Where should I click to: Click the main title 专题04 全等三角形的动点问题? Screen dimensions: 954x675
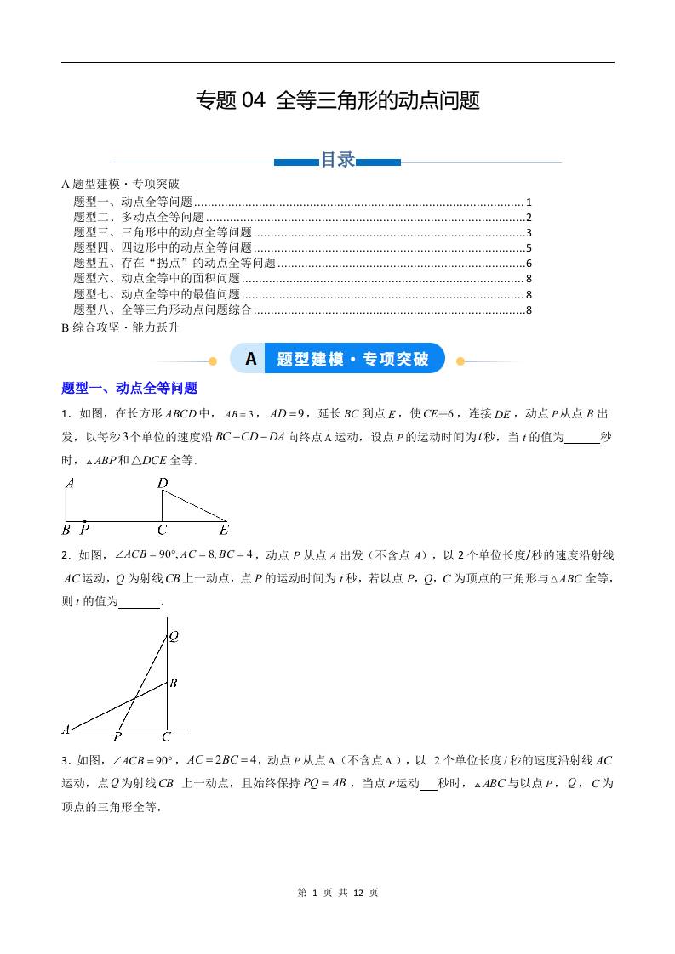[338, 101]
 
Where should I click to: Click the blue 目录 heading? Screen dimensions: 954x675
[337, 160]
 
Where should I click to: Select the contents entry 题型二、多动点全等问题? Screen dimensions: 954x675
[139, 217]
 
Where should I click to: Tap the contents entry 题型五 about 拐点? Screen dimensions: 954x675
[174, 263]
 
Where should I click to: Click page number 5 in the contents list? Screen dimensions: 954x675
[529, 247]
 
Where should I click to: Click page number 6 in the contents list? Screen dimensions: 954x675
[529, 263]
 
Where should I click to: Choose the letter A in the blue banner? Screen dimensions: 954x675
[250, 359]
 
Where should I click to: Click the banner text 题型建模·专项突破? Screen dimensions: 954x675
[352, 359]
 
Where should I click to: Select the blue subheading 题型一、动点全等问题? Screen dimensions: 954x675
[129, 388]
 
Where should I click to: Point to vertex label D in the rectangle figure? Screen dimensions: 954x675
[163, 483]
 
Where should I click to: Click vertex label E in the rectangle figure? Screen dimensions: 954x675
[225, 530]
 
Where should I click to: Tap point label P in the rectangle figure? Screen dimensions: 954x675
[85, 530]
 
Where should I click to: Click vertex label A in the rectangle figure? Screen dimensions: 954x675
[70, 483]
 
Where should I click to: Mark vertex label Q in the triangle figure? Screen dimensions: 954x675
[174, 635]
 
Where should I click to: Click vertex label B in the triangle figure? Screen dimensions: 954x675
[173, 682]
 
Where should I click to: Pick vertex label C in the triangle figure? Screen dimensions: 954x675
[167, 736]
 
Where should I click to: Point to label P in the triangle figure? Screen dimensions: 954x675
[117, 736]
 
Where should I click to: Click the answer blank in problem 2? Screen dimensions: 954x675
[140, 602]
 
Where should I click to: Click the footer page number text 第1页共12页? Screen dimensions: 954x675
[338, 893]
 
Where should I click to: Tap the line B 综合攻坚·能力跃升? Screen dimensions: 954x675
[120, 326]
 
